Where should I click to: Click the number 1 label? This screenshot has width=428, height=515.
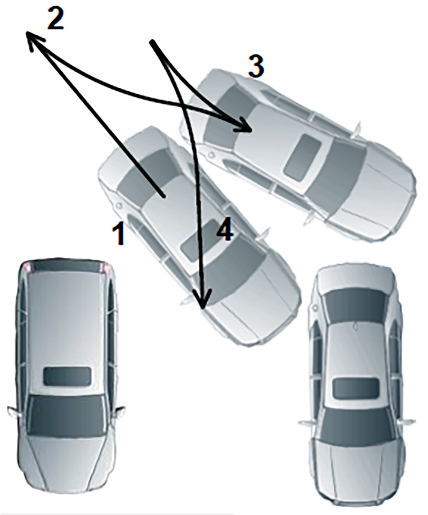click(118, 232)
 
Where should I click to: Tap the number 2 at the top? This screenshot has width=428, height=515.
click(56, 19)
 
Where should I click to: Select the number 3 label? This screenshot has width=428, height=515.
click(256, 66)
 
